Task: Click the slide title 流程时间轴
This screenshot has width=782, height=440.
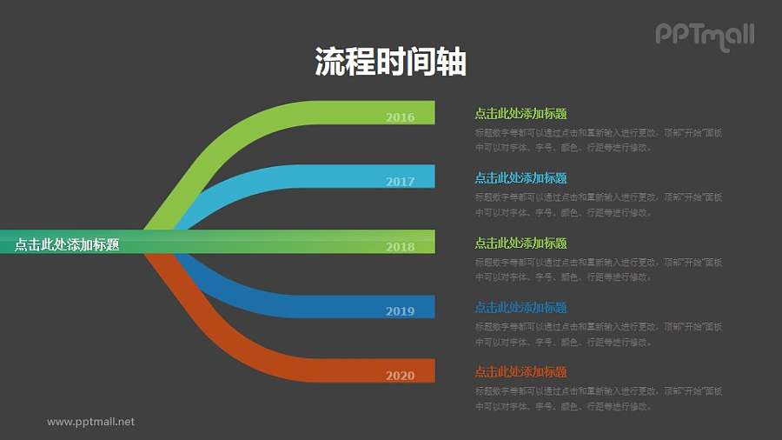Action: click(x=390, y=63)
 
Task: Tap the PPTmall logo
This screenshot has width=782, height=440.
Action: click(x=704, y=36)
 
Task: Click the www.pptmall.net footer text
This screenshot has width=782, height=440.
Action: click(x=91, y=422)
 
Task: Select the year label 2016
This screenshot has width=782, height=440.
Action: click(x=400, y=117)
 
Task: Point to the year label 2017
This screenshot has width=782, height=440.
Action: click(x=400, y=182)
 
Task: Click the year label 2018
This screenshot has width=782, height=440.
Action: click(x=400, y=247)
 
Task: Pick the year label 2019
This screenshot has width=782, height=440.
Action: click(x=400, y=311)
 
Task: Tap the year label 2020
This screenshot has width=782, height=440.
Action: click(x=400, y=376)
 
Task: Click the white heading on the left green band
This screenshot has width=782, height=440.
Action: click(x=67, y=245)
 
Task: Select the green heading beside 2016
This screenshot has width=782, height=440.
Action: click(x=520, y=113)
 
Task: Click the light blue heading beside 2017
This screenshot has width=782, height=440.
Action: click(x=520, y=178)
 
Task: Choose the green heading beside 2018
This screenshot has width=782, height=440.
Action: click(x=520, y=243)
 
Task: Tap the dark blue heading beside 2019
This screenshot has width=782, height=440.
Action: click(x=520, y=307)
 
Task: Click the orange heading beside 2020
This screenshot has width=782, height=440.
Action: click(x=520, y=371)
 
